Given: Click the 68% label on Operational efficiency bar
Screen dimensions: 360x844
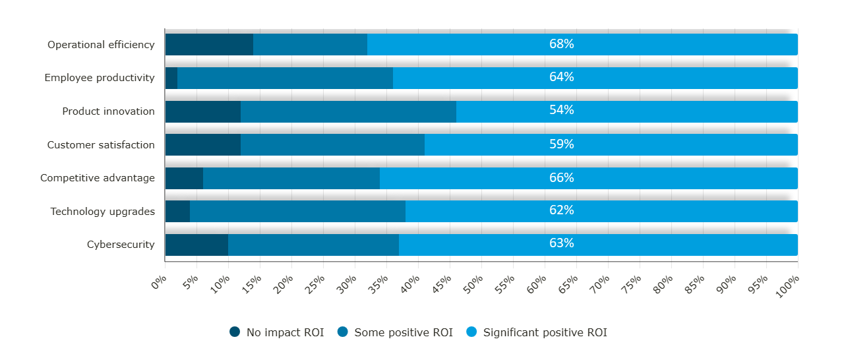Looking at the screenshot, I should [x=561, y=44].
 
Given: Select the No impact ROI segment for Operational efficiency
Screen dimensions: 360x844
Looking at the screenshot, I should [x=209, y=44].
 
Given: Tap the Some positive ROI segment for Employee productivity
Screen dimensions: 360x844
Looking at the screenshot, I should [x=285, y=78].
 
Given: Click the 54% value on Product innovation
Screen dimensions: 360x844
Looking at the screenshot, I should [x=561, y=110].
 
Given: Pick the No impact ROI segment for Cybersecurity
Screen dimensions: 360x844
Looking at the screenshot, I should [x=196, y=245].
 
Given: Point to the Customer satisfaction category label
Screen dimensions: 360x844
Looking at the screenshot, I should [x=101, y=145].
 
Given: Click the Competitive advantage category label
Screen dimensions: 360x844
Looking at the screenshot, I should [x=98, y=178].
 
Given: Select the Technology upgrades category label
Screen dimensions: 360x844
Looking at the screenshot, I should [x=102, y=212].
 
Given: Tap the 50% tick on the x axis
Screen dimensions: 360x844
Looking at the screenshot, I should [x=475, y=282].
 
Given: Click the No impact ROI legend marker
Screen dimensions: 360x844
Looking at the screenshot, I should [x=235, y=332].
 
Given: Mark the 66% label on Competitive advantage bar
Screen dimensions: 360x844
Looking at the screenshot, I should [x=561, y=178].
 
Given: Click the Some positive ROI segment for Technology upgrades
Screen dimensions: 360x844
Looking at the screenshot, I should [x=297, y=212].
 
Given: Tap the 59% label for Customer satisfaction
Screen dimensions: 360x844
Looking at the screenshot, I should [x=561, y=144].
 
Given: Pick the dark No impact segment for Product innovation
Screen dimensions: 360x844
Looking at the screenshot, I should [x=202, y=111].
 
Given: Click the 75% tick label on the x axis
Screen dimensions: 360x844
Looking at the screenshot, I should [x=632, y=282].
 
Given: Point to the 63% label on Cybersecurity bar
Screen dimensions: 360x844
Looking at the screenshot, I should [x=561, y=243].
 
